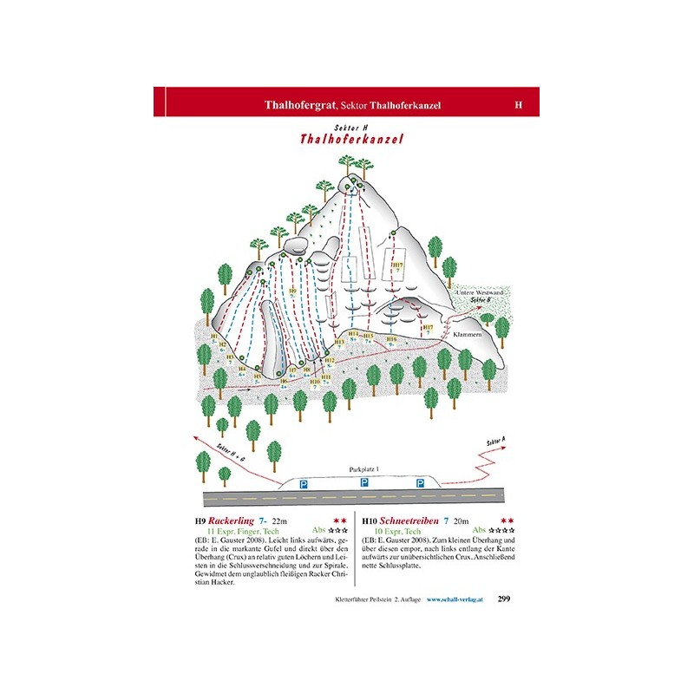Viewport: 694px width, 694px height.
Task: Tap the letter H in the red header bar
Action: (x=518, y=104)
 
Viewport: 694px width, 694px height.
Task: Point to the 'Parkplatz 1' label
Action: (x=364, y=468)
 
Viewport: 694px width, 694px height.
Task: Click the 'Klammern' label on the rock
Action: (x=480, y=333)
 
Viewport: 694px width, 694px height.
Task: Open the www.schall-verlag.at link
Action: (x=460, y=599)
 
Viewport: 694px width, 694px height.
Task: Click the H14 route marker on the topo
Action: (x=352, y=334)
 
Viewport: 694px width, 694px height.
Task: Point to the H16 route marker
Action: (x=391, y=338)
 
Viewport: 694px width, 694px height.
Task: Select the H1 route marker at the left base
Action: (x=214, y=337)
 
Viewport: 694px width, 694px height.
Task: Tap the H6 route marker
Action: (x=283, y=382)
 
